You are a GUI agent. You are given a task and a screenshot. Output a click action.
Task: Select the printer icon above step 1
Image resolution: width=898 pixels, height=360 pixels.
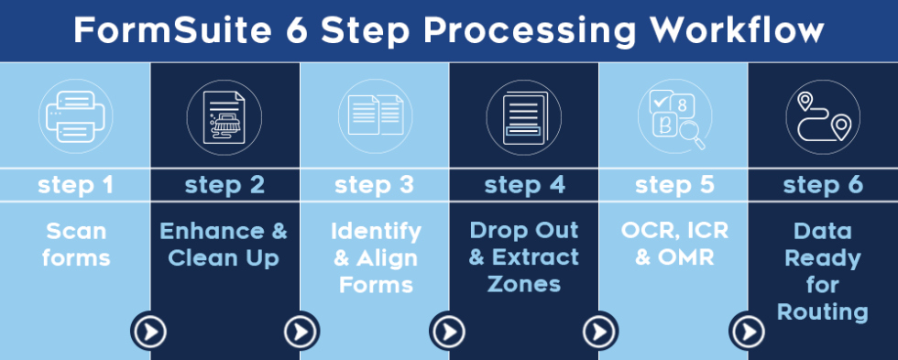[x=75, y=116]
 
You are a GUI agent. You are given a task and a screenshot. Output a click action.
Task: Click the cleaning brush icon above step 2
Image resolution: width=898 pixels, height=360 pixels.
[x=224, y=116]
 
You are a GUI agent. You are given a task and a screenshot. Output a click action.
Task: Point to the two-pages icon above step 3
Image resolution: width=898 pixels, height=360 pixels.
[x=375, y=115]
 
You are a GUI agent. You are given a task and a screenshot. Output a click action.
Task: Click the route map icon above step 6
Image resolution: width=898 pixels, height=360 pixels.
[x=823, y=116]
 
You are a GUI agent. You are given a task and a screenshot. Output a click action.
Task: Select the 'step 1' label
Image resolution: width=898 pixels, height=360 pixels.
[x=75, y=185]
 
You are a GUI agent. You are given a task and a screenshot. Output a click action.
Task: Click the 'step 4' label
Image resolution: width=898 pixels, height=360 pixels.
[x=524, y=185]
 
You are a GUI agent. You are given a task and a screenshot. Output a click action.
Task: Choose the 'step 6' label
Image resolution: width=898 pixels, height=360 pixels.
[x=823, y=185]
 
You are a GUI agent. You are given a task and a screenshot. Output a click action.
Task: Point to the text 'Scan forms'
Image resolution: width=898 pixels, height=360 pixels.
[x=75, y=245]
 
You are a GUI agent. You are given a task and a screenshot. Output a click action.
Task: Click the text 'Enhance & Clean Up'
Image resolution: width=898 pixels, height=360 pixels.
[x=224, y=245]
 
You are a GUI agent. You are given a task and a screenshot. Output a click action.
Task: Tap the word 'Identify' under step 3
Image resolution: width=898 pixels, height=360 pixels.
[x=376, y=233]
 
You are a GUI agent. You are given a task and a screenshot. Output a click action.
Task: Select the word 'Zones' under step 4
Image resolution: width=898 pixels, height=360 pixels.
[x=524, y=284]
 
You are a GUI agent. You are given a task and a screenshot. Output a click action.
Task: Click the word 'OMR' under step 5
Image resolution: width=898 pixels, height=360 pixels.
[x=686, y=257]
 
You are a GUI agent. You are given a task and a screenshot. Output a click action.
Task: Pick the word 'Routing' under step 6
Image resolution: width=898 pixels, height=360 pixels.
[x=823, y=312]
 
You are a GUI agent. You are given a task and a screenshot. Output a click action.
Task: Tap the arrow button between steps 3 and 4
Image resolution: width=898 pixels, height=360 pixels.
[x=448, y=332]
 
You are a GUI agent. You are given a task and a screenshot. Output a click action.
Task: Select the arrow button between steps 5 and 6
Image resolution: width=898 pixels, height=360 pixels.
[x=748, y=332]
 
